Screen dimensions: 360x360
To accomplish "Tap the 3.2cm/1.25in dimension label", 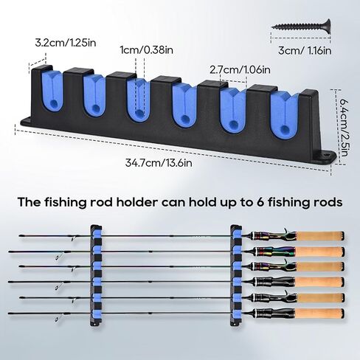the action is (x=66, y=43).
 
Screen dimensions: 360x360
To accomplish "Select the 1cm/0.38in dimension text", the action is (x=147, y=50).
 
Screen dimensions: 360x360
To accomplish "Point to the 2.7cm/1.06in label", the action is (x=240, y=70).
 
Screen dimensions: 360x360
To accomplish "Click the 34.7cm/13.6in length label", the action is (x=159, y=163).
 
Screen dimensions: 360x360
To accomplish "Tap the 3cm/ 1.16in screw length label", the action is (x=305, y=51).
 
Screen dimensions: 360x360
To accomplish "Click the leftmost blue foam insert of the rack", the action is (x=52, y=91).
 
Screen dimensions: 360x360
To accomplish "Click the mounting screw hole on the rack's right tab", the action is (x=326, y=156).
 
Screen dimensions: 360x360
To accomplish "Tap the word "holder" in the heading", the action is (x=136, y=202).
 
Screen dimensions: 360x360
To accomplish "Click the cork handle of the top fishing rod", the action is (x=320, y=236).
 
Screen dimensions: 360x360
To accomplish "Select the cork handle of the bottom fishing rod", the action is (x=320, y=314).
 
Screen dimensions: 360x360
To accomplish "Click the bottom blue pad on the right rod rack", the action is (x=236, y=314).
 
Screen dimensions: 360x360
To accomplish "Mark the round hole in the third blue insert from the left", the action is (x=139, y=113).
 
